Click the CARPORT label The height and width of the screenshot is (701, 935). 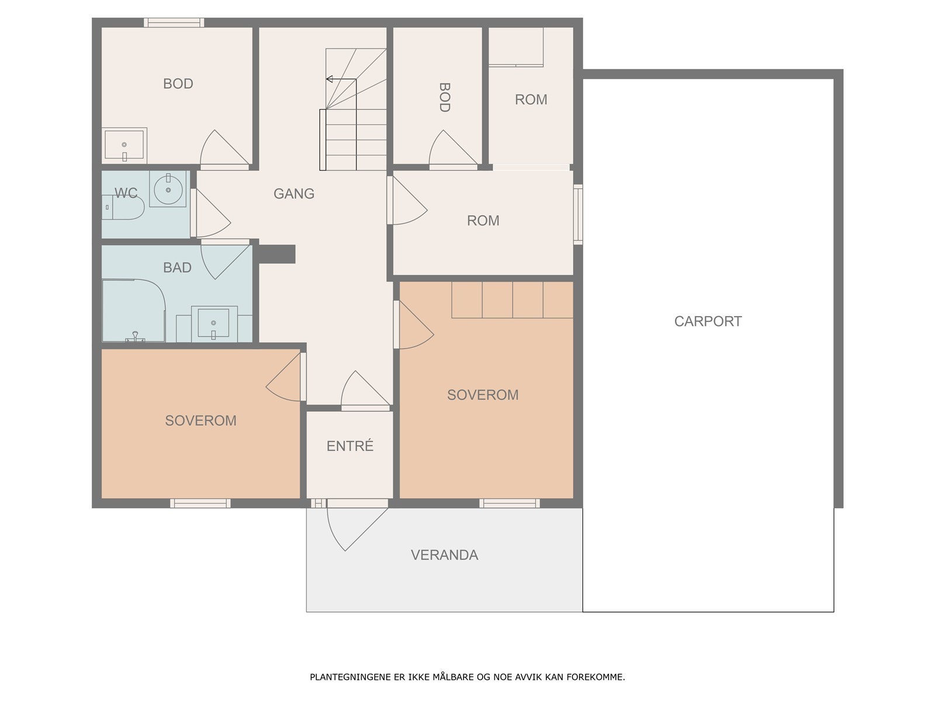[708, 321]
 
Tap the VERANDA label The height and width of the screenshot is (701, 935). [444, 555]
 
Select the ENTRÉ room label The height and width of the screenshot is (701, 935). [349, 446]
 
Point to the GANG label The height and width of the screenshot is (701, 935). [294, 194]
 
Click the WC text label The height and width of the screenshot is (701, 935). [126, 193]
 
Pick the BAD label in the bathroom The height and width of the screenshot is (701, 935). [177, 268]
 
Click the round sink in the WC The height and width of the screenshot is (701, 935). [168, 190]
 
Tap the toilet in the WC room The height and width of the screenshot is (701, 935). [123, 207]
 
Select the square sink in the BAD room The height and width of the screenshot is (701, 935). [214, 324]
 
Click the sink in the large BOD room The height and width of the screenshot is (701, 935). [124, 145]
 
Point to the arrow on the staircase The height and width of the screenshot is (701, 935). [341, 79]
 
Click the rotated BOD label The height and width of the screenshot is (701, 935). [444, 98]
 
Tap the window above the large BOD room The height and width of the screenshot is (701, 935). [174, 23]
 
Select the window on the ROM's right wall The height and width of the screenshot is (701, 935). [578, 214]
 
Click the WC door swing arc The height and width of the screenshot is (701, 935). [211, 213]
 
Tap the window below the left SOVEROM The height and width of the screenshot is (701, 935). [200, 504]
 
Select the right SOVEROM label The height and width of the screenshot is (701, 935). [483, 395]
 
